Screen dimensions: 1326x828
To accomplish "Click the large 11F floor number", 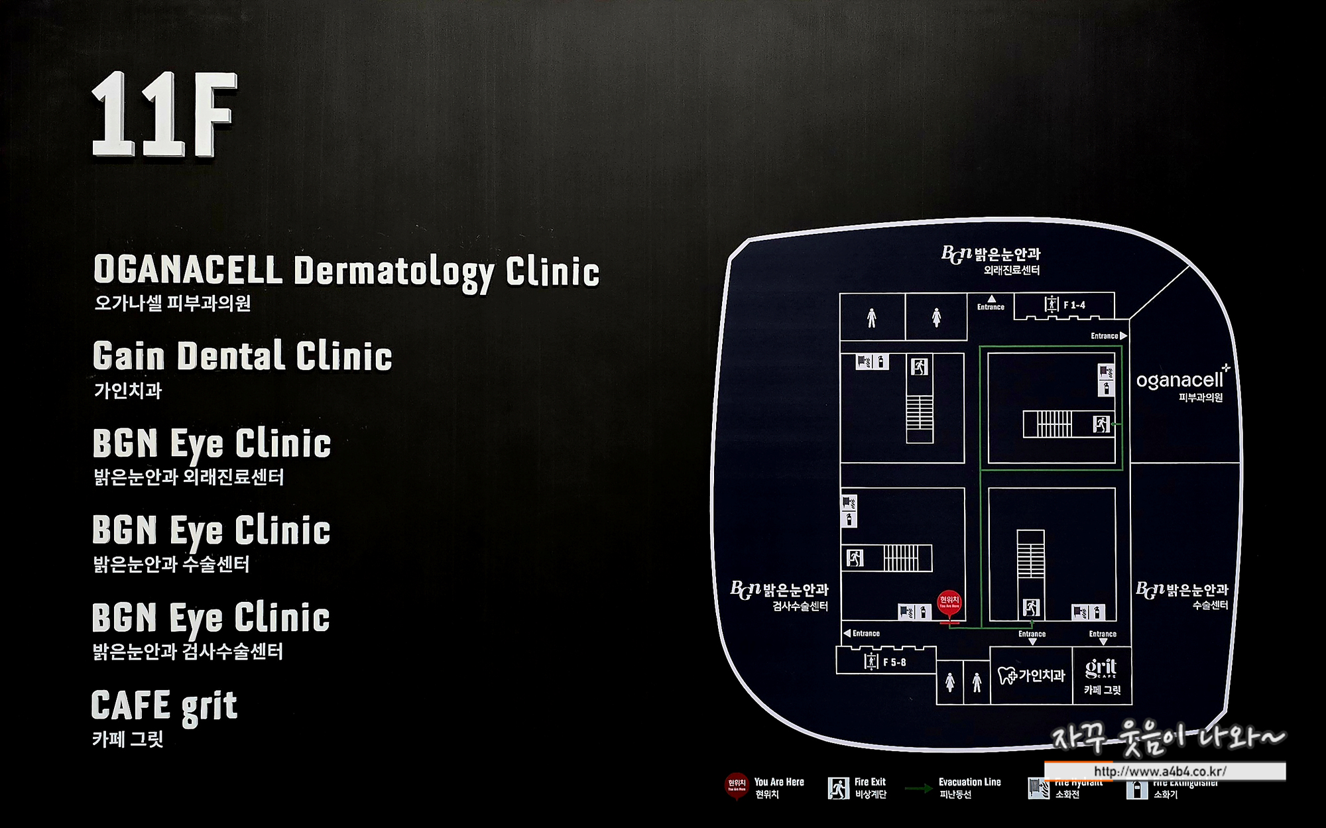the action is pos(164,115).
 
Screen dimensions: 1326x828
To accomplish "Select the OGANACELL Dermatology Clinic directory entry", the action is pos(346,271).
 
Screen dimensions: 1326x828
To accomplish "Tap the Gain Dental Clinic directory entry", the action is pos(242,356).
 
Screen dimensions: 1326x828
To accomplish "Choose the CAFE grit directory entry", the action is pos(164,705).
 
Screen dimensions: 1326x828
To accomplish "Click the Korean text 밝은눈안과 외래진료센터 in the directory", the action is pos(189,477).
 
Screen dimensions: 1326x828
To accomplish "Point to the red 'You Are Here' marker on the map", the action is pos(949,602).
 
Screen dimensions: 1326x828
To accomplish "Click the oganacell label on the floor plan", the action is pos(1179,381).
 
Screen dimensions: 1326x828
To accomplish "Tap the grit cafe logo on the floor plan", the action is pos(1101,668).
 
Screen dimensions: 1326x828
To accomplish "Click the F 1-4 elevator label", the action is pos(1074,305).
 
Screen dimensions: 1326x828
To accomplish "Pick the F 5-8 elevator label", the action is pos(894,662).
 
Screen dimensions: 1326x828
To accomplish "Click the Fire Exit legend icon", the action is pos(839,788).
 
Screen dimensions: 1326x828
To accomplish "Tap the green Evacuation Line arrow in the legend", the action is pos(919,788).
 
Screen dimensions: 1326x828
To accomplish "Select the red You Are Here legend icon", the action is pos(737,786).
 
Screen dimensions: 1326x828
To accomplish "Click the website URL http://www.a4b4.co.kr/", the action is pos(1160,772).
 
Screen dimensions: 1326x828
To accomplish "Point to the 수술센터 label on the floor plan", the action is pos(1210,605).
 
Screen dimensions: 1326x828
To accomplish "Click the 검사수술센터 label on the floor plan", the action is pos(800,606).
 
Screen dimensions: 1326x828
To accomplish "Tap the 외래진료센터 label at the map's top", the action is pos(1012,270).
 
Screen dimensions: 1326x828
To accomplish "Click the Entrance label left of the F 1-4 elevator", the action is pos(991,306).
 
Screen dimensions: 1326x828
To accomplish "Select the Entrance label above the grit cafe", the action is pos(1103,634).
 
